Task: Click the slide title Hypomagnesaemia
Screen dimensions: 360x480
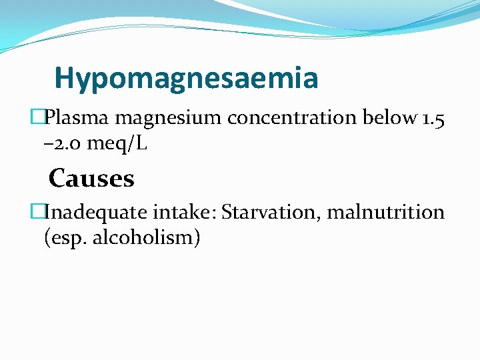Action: point(186,79)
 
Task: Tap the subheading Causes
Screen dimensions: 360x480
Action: point(91,179)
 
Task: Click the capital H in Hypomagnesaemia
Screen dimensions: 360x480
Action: point(64,79)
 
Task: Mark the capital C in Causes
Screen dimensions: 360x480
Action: point(57,179)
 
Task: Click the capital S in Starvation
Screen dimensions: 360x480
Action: point(227,213)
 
